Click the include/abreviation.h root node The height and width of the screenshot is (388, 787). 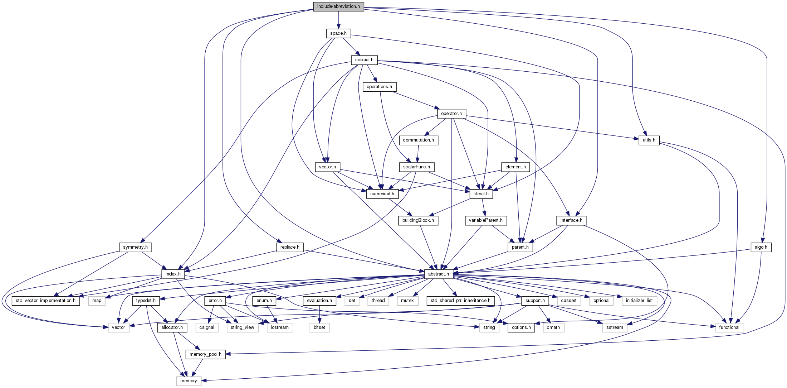(338, 6)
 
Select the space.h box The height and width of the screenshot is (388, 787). (338, 33)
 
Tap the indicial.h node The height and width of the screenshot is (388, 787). (364, 60)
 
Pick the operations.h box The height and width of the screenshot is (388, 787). (379, 87)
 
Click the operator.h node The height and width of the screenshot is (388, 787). (451, 114)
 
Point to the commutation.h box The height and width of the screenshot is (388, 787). (418, 140)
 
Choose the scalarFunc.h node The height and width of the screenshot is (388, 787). (416, 167)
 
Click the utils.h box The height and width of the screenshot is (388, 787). (649, 140)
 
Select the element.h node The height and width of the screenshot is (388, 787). (515, 167)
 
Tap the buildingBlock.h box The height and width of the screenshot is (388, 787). (418, 220)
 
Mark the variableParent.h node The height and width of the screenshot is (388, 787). (486, 220)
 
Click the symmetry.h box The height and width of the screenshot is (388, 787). (135, 247)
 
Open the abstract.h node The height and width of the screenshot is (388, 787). (439, 274)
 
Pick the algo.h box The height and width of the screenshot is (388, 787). (761, 247)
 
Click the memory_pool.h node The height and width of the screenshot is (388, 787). (205, 354)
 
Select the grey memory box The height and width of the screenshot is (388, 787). (189, 381)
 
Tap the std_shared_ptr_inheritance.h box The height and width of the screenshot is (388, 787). (461, 301)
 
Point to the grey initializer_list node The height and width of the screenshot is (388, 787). (639, 301)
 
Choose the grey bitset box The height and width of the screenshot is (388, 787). (319, 327)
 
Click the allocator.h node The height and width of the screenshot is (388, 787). (172, 327)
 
